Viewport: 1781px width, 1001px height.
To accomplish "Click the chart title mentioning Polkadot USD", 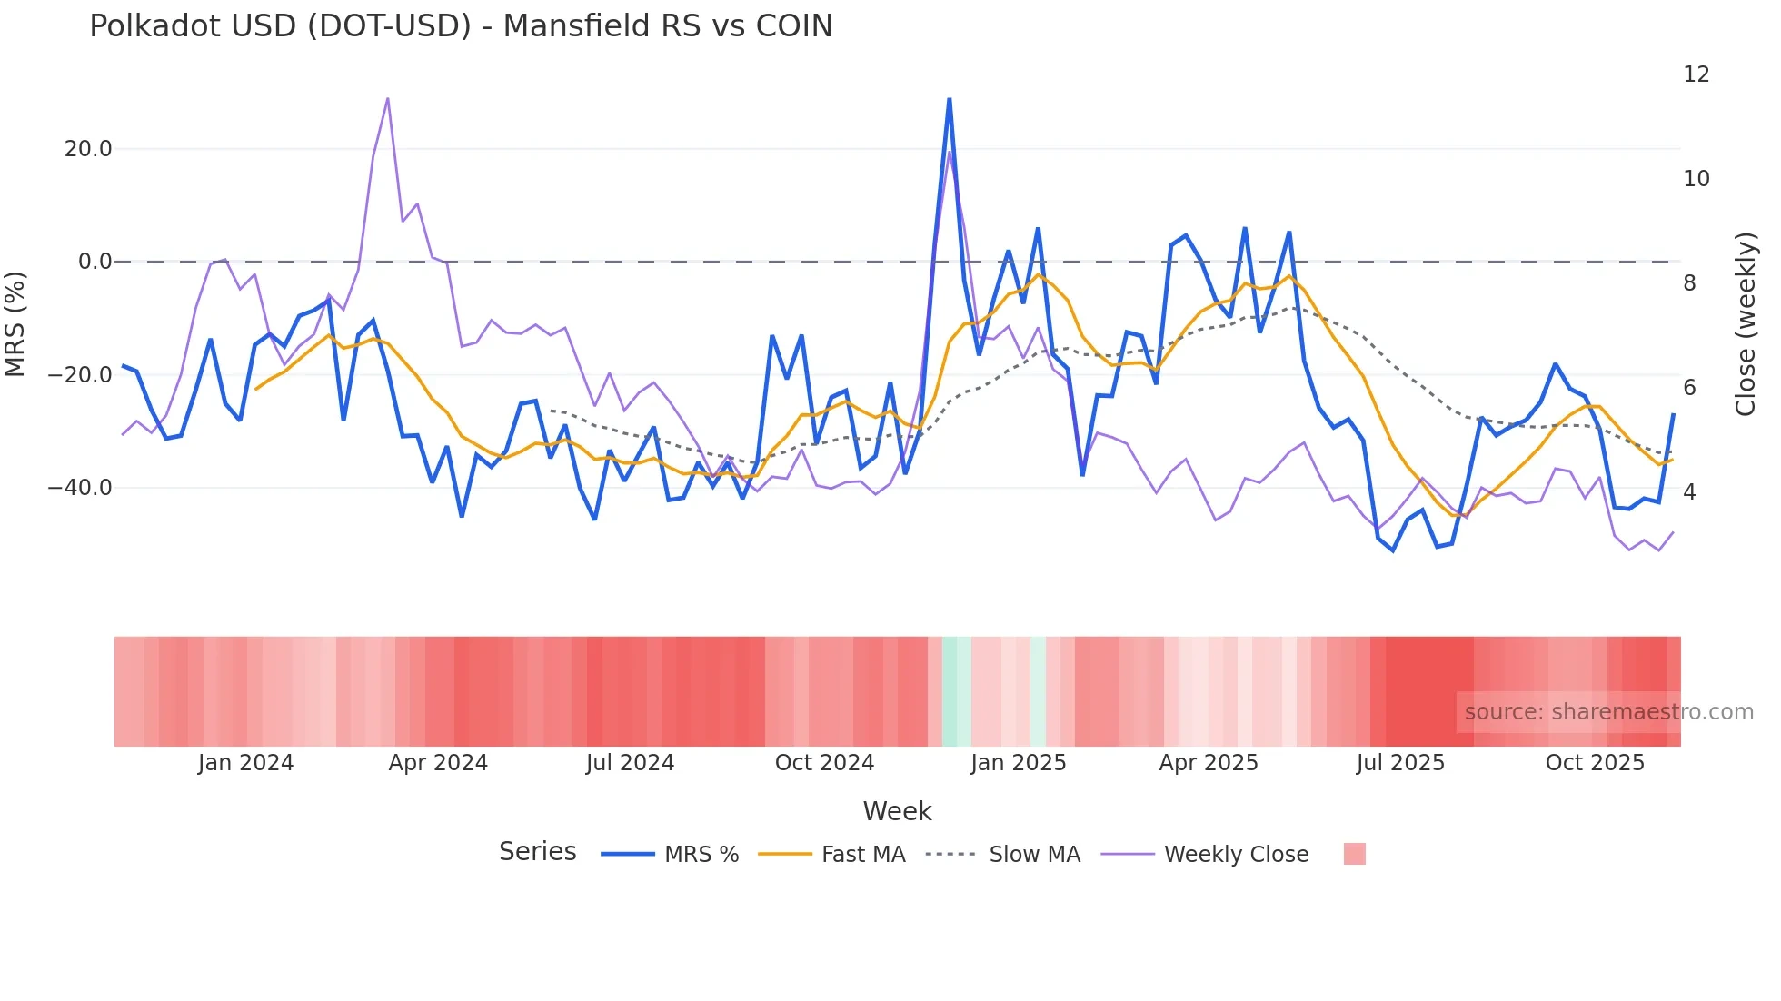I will [x=461, y=26].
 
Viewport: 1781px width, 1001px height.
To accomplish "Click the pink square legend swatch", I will [x=1354, y=854].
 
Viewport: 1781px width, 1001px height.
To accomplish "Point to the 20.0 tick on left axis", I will [x=88, y=149].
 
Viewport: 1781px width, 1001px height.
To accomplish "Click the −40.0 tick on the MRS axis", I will [x=80, y=488].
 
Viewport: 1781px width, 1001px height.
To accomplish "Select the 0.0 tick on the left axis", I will [x=95, y=262].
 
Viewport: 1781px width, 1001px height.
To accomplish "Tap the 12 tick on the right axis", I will [x=1696, y=74].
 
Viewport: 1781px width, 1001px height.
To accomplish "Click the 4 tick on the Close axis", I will [x=1689, y=492].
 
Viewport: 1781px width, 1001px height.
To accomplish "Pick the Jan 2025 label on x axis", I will [x=1018, y=763].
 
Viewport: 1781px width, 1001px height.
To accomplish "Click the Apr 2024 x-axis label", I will [x=438, y=763].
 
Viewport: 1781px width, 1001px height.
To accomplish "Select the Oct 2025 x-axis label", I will [x=1595, y=763].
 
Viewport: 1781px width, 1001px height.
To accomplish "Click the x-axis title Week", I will [x=897, y=811].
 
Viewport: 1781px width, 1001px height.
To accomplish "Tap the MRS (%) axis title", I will [x=15, y=323].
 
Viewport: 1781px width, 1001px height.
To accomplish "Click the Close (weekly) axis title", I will [x=1745, y=324].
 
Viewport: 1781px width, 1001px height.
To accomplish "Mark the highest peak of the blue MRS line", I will [x=949, y=99].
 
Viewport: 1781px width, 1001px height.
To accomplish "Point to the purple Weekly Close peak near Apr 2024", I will [x=388, y=98].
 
